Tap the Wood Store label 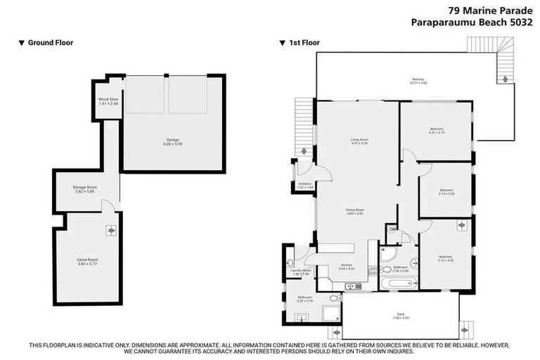pyautogui.click(x=108, y=101)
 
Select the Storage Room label pyautogui.click(x=84, y=188)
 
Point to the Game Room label pyautogui.click(x=86, y=261)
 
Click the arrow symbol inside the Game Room pyautogui.click(x=111, y=230)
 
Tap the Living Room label pyautogui.click(x=359, y=141)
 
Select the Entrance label pyautogui.click(x=304, y=186)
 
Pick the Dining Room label pyautogui.click(x=354, y=212)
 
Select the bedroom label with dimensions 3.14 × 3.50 pyautogui.click(x=446, y=191)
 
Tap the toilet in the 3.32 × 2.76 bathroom pyautogui.click(x=334, y=299)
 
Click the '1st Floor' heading pyautogui.click(x=304, y=43)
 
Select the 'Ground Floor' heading pyautogui.click(x=50, y=43)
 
